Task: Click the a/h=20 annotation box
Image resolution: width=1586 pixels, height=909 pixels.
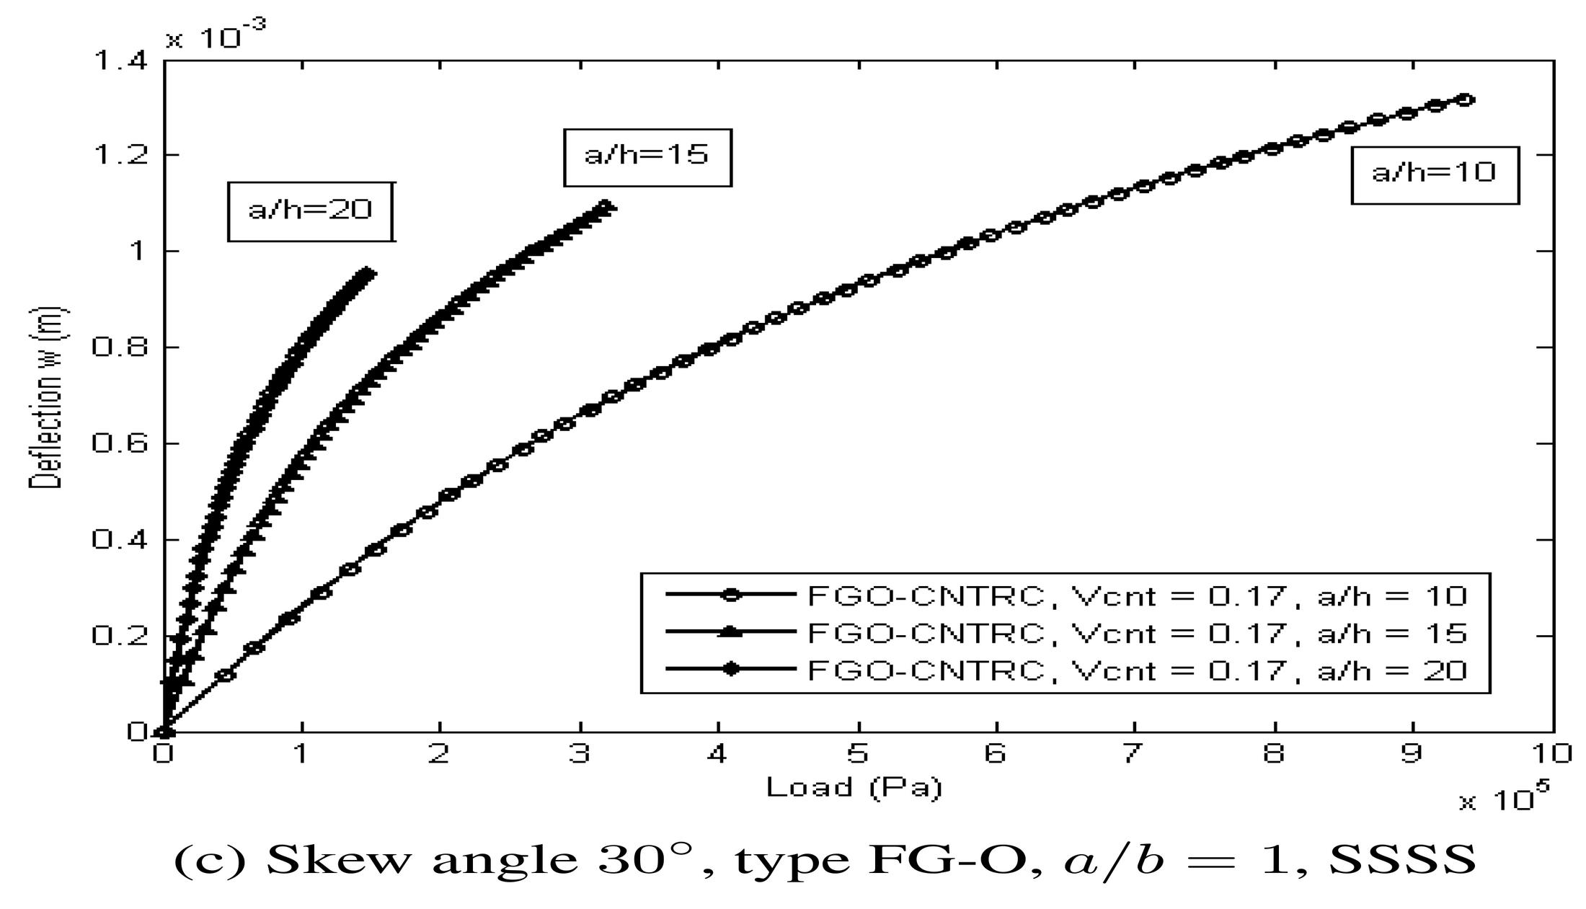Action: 311,210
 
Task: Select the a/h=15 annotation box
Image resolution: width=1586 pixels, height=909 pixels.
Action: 647,156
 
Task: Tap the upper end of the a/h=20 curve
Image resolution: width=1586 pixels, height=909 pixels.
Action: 368,272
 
